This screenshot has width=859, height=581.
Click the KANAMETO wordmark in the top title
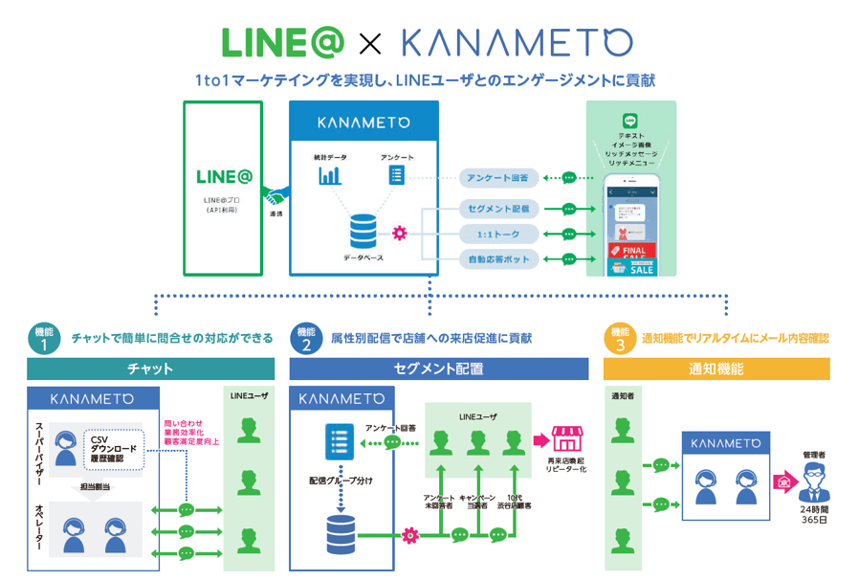pyautogui.click(x=517, y=42)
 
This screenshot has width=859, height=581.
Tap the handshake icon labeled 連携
pyautogui.click(x=275, y=198)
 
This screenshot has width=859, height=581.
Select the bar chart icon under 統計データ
pyautogui.click(x=330, y=175)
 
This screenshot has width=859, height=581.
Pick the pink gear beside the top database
pyautogui.click(x=399, y=233)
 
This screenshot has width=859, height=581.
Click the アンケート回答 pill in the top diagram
pyautogui.click(x=499, y=178)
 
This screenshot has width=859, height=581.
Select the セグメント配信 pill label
pyautogui.click(x=499, y=208)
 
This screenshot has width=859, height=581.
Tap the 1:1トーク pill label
pyautogui.click(x=499, y=234)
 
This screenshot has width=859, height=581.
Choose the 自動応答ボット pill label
pyautogui.click(x=499, y=258)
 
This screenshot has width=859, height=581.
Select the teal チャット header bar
pyautogui.click(x=150, y=369)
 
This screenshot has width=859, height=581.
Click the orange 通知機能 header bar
pyautogui.click(x=716, y=369)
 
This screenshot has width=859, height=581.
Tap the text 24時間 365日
pyautogui.click(x=815, y=514)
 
